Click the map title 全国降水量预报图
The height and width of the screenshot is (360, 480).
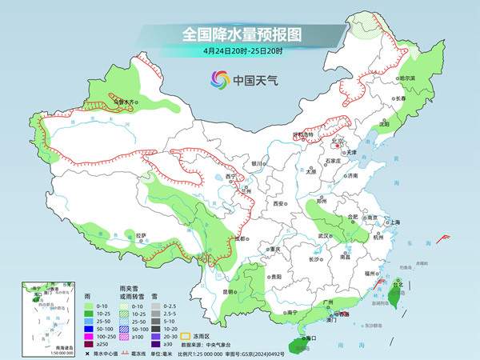(240, 34)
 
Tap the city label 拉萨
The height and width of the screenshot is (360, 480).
(142, 235)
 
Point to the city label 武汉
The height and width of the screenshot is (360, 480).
(322, 237)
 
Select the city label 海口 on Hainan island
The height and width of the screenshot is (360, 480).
(310, 338)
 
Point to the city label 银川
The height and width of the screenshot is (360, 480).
(256, 163)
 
